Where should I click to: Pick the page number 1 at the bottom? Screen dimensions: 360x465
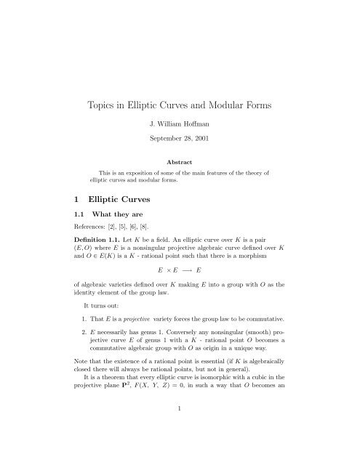tap(180, 449)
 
